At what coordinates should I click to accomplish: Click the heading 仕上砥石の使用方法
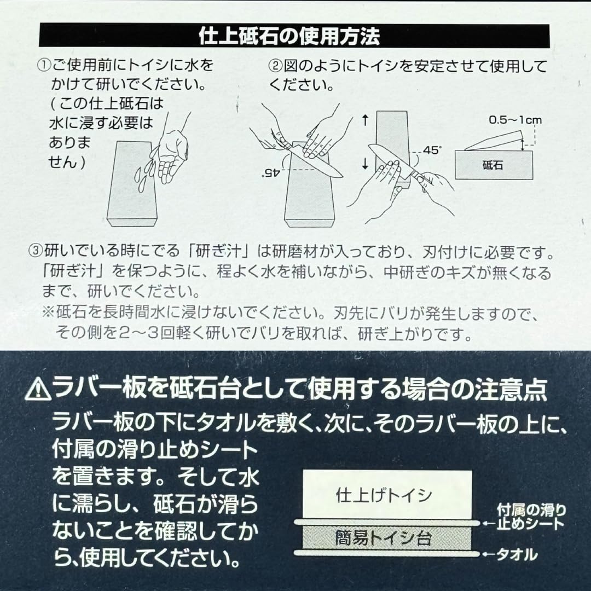[x=289, y=36]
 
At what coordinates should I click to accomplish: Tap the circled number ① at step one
[x=44, y=66]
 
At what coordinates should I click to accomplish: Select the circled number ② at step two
[x=275, y=66]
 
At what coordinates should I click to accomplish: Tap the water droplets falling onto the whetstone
[x=144, y=173]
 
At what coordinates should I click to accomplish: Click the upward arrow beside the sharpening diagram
[x=365, y=120]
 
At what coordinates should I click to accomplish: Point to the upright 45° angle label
[x=432, y=150]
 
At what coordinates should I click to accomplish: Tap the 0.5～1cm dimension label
[x=515, y=120]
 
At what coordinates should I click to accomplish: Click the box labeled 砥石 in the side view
[x=494, y=165]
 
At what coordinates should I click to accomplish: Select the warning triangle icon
[x=38, y=390]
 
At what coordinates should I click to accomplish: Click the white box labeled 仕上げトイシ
[x=387, y=495]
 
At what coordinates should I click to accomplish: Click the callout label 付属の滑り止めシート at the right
[x=531, y=517]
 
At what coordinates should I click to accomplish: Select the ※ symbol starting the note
[x=48, y=312]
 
